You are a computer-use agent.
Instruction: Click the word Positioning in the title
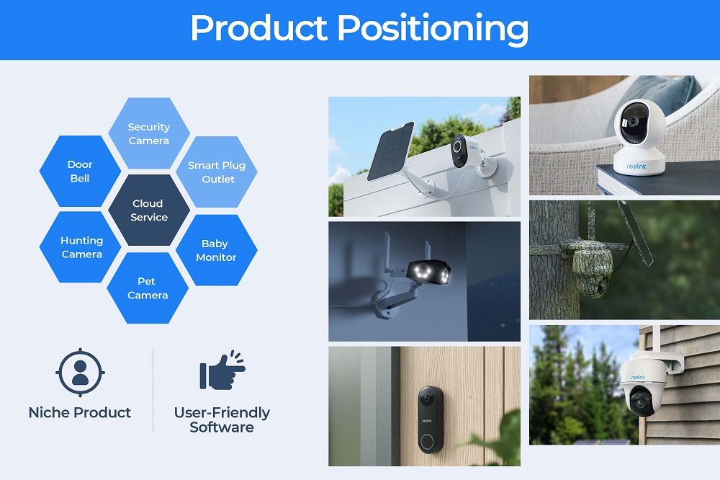pyautogui.click(x=433, y=29)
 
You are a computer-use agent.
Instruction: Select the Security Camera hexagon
pyautogui.click(x=149, y=133)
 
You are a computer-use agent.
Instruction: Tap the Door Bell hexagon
pyautogui.click(x=80, y=171)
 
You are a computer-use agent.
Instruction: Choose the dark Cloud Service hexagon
pyautogui.click(x=149, y=210)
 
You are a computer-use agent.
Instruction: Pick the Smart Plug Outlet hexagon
pyautogui.click(x=217, y=172)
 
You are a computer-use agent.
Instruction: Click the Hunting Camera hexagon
pyautogui.click(x=81, y=247)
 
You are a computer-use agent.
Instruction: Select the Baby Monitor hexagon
pyautogui.click(x=216, y=250)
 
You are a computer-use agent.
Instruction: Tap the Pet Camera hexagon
pyautogui.click(x=148, y=288)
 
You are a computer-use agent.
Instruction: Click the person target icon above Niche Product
pyautogui.click(x=81, y=373)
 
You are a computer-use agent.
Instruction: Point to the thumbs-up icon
pyautogui.click(x=222, y=370)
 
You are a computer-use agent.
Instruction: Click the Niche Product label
pyautogui.click(x=80, y=412)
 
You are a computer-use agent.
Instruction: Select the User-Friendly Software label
pyautogui.click(x=222, y=419)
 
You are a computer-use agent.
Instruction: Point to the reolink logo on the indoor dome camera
pyautogui.click(x=636, y=166)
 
